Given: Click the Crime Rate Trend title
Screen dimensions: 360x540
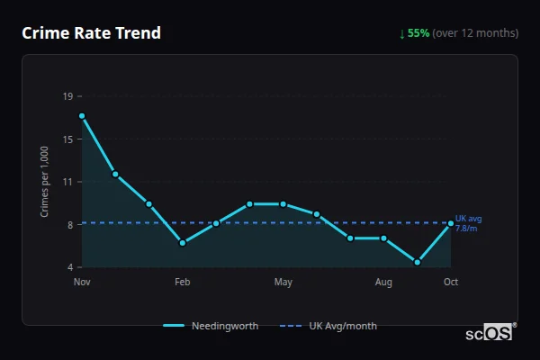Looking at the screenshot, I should pyautogui.click(x=91, y=33).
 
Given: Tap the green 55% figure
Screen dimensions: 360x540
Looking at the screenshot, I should pyautogui.click(x=418, y=33).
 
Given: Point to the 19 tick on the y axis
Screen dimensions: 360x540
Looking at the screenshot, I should pyautogui.click(x=68, y=96).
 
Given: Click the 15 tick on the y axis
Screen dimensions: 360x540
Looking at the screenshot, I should pyautogui.click(x=68, y=139).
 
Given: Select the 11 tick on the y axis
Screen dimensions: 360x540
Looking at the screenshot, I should pyautogui.click(x=68, y=182).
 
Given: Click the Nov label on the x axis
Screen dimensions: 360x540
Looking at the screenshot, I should pyautogui.click(x=82, y=283).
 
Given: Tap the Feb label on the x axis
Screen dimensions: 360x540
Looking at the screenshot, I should pyautogui.click(x=183, y=283).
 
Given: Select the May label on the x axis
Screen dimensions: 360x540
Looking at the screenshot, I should pyautogui.click(x=283, y=283).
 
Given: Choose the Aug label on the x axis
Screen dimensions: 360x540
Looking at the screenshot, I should pyautogui.click(x=383, y=283).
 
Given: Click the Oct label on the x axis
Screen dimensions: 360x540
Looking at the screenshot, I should pyautogui.click(x=451, y=283).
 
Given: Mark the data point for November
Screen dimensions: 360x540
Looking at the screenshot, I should pyautogui.click(x=82, y=116).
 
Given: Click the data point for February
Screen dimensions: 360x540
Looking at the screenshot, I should pyautogui.click(x=183, y=243).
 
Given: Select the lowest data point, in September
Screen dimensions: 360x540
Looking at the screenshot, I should pyautogui.click(x=418, y=262).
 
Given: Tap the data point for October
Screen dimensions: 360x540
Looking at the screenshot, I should pyautogui.click(x=451, y=223).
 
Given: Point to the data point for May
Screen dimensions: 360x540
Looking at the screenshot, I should pyautogui.click(x=283, y=204).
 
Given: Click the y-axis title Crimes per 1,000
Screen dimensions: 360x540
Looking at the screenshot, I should pyautogui.click(x=44, y=182).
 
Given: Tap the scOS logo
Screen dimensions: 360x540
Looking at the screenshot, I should pyautogui.click(x=490, y=332).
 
